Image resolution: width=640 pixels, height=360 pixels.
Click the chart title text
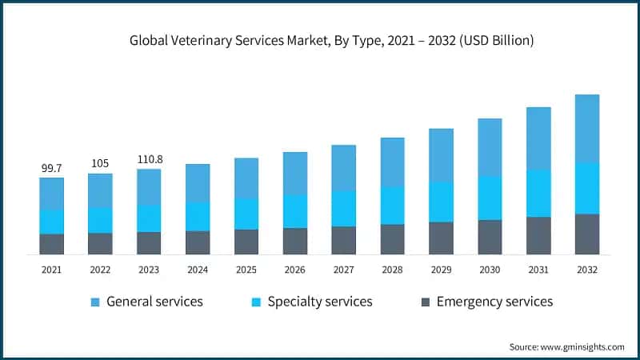(319, 41)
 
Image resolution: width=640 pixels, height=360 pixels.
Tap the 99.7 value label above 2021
(52, 168)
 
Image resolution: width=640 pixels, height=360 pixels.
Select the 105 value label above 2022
(100, 164)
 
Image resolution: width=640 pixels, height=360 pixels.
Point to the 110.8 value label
(149, 159)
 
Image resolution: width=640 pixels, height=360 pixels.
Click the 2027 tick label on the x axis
(343, 270)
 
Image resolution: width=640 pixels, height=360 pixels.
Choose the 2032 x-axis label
(586, 270)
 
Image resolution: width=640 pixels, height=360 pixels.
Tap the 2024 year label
(198, 270)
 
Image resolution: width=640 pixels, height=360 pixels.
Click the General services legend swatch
(95, 302)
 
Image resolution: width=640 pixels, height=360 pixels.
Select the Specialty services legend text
(320, 302)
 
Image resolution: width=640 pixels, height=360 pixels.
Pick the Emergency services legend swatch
(425, 302)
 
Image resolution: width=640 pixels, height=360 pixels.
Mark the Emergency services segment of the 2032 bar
(586, 234)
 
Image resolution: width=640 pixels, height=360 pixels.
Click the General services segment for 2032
(586, 129)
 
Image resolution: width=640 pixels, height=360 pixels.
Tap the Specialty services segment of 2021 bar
(52, 222)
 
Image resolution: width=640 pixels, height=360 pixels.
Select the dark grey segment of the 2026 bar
(294, 241)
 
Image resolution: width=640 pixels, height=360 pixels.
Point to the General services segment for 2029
(441, 154)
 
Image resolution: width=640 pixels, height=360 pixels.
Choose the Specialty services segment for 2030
(490, 198)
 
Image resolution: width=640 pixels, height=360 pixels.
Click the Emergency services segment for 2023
(149, 243)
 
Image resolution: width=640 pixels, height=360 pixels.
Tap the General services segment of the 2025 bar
(246, 178)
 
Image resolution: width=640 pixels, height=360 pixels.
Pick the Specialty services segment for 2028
(392, 205)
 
